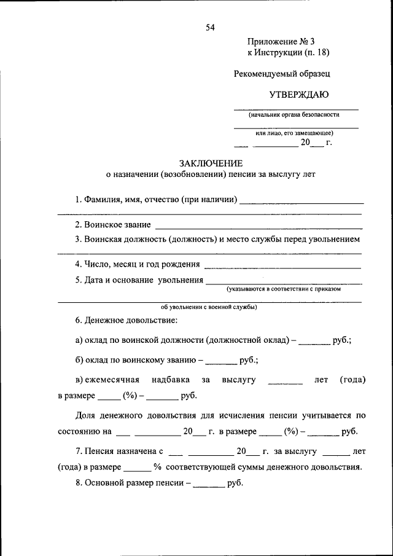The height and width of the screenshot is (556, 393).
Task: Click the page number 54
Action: pos(211,28)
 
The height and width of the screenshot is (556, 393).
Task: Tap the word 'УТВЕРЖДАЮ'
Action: pos(298,95)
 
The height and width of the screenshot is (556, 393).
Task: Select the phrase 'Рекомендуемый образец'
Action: pos(282,74)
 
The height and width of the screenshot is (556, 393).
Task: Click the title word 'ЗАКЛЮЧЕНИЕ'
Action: pos(211,163)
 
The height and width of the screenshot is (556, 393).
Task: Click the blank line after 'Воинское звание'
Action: pos(258,227)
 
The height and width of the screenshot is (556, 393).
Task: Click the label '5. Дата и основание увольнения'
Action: pos(139,280)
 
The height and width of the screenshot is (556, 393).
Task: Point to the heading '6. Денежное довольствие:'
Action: pos(126,320)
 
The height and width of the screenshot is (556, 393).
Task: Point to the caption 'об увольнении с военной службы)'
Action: pos(209,307)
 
